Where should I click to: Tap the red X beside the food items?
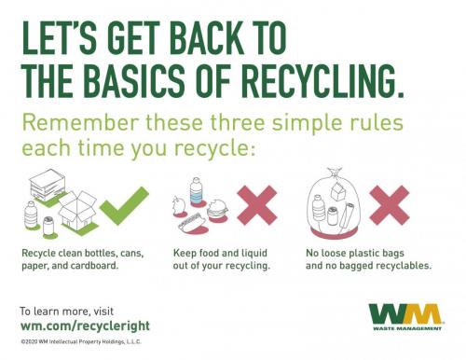(261, 206)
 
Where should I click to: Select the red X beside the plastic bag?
(392, 206)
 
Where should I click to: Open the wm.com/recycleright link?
(84, 326)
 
